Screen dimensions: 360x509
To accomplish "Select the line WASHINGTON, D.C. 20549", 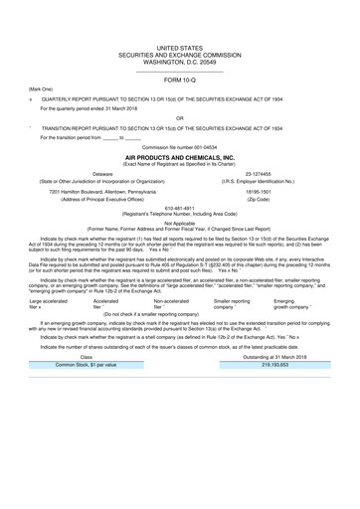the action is [x=179, y=63].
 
